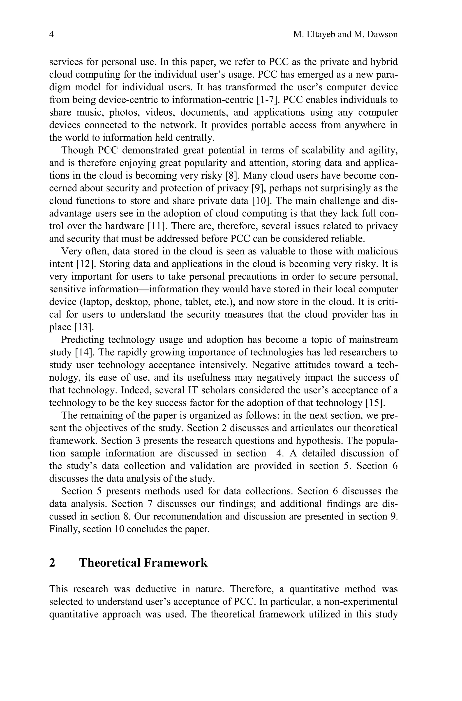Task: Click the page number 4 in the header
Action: [x=51, y=35]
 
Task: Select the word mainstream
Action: [x=373, y=340]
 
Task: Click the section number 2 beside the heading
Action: [x=52, y=563]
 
